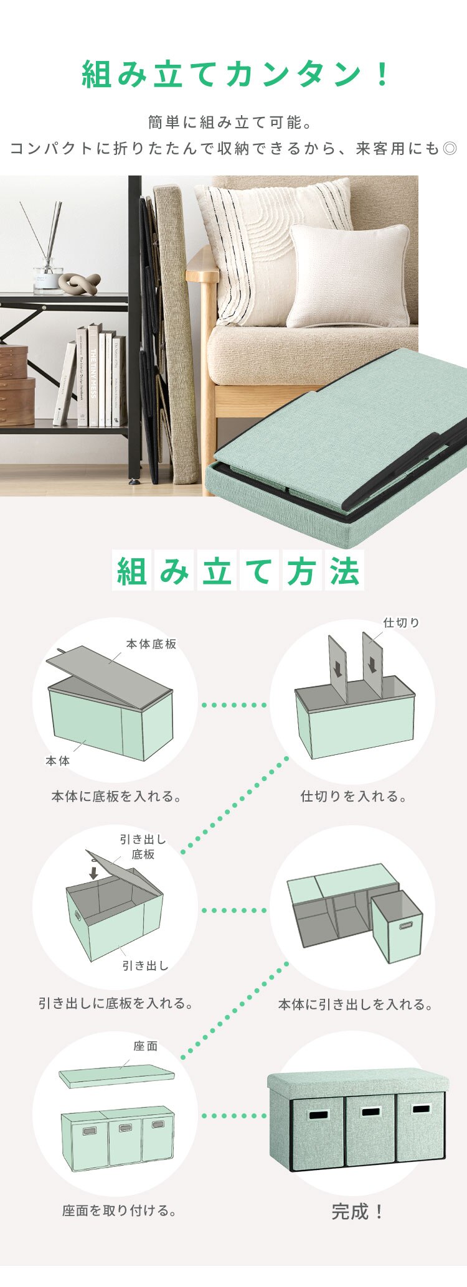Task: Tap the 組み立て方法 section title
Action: point(238,570)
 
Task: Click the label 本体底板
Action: point(151,644)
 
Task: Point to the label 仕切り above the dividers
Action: point(401,622)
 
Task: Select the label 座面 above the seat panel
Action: point(146,1046)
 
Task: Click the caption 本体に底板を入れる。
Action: point(116,797)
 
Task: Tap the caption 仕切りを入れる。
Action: point(353,797)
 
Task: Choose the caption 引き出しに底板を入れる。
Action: point(116,1003)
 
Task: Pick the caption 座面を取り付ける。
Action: point(120,1211)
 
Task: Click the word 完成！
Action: point(357,1211)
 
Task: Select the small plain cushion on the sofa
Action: point(349,276)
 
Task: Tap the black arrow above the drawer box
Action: point(93,873)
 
